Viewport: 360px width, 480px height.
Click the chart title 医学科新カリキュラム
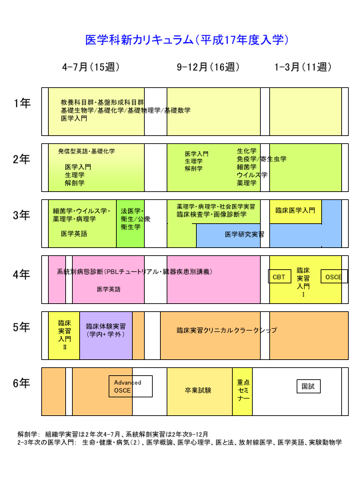pos(139,40)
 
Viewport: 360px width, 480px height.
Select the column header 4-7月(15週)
pos(91,67)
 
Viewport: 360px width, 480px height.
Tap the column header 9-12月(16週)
pos(208,67)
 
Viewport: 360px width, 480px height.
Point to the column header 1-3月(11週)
pos(303,67)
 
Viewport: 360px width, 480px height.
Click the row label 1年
pos(22,103)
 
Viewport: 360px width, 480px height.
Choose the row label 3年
pos(21,215)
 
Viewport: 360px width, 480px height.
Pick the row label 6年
pos(21,383)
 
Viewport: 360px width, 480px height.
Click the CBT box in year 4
pos(279,277)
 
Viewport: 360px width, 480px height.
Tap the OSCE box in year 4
pos(334,277)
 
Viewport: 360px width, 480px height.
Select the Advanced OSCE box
pos(131,386)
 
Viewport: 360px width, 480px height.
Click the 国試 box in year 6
pos(309,386)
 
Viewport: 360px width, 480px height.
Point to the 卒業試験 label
pos(198,390)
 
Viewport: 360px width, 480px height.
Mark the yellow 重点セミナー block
pos(242,391)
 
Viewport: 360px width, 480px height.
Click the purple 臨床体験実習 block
pos(106,335)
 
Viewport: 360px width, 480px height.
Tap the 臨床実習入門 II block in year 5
pos(64,335)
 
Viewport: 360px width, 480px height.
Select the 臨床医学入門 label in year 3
pos(295,210)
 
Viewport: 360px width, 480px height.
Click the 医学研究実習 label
pos(244,235)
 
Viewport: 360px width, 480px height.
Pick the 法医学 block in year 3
pos(130,223)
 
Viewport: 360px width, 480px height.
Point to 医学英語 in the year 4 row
pos(109,289)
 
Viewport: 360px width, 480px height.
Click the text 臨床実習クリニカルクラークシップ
pos(227,330)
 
